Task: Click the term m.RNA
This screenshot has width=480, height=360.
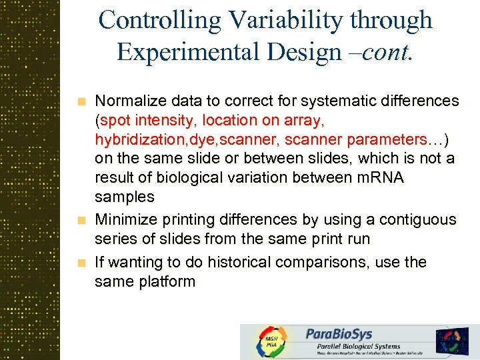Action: click(383, 178)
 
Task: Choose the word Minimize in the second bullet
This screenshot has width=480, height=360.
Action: click(125, 219)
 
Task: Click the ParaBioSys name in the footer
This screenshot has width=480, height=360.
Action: click(339, 333)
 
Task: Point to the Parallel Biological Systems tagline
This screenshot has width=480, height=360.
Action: click(353, 346)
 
